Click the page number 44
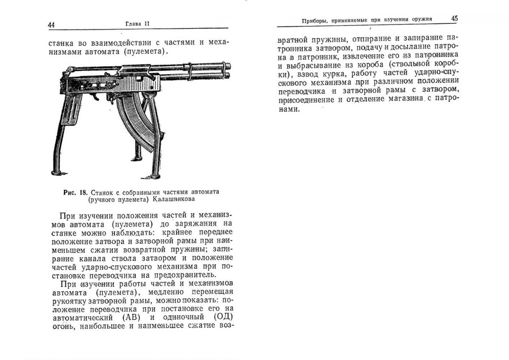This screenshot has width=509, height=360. [x=51, y=24]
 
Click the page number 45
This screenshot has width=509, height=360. [x=454, y=19]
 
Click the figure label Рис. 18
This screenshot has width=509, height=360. [x=73, y=192]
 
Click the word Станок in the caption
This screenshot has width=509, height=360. [x=101, y=192]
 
